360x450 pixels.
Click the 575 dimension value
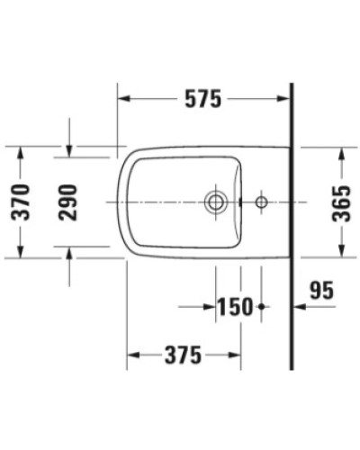[203, 100]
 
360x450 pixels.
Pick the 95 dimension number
[321, 290]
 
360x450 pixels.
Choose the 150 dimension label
[234, 308]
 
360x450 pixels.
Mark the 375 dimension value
[182, 355]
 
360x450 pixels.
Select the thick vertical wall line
[292, 225]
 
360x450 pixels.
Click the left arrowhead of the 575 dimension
[124, 100]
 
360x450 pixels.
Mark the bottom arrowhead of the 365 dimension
[341, 251]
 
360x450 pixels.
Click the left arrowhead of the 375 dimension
[131, 355]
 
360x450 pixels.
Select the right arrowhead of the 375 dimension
[236, 355]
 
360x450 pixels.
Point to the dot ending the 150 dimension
[261, 308]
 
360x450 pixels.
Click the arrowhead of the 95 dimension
[301, 308]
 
